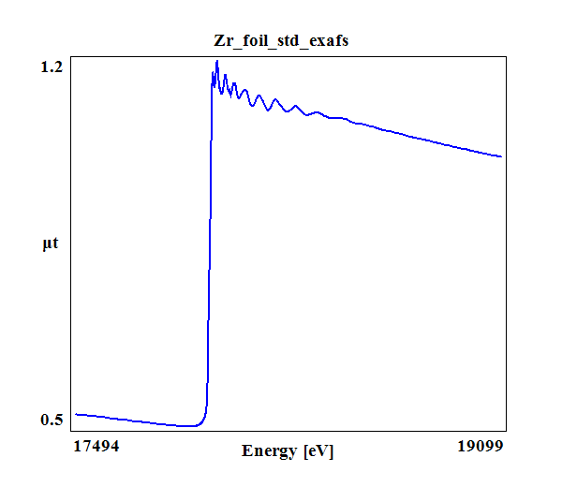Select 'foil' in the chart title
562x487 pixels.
tap(255, 41)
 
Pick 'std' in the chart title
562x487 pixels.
tap(289, 41)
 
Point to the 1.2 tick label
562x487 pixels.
tap(51, 67)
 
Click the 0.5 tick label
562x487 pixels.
tap(51, 419)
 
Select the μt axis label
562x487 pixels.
tap(51, 244)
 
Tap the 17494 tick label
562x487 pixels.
tap(96, 447)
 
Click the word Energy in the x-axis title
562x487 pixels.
tap(270, 450)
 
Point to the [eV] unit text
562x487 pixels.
tap(318, 450)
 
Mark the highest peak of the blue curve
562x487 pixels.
tap(216, 62)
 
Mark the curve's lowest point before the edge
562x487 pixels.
tap(191, 426)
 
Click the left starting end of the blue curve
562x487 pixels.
tap(75, 413)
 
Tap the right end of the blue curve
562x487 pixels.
tap(502, 156)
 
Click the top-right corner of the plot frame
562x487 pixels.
tap(507, 55)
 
